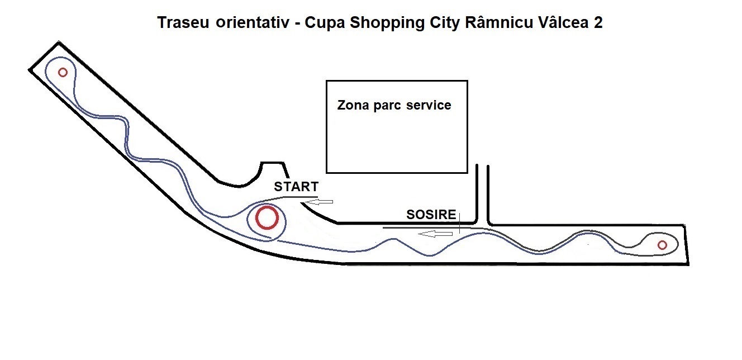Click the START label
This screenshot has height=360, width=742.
pyautogui.click(x=296, y=187)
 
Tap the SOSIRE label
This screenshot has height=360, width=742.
pyautogui.click(x=431, y=215)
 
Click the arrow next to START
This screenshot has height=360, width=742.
pyautogui.click(x=320, y=201)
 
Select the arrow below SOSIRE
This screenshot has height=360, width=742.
pyautogui.click(x=436, y=234)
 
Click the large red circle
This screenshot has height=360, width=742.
pyautogui.click(x=267, y=218)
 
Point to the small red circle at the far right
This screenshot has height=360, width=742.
pyautogui.click(x=662, y=245)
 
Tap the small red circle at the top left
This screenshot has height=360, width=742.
pyautogui.click(x=63, y=72)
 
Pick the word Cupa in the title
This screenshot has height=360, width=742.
pyautogui.click(x=322, y=24)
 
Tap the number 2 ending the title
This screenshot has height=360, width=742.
pyautogui.click(x=598, y=23)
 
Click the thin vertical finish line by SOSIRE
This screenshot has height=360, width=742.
pyautogui.click(x=459, y=221)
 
